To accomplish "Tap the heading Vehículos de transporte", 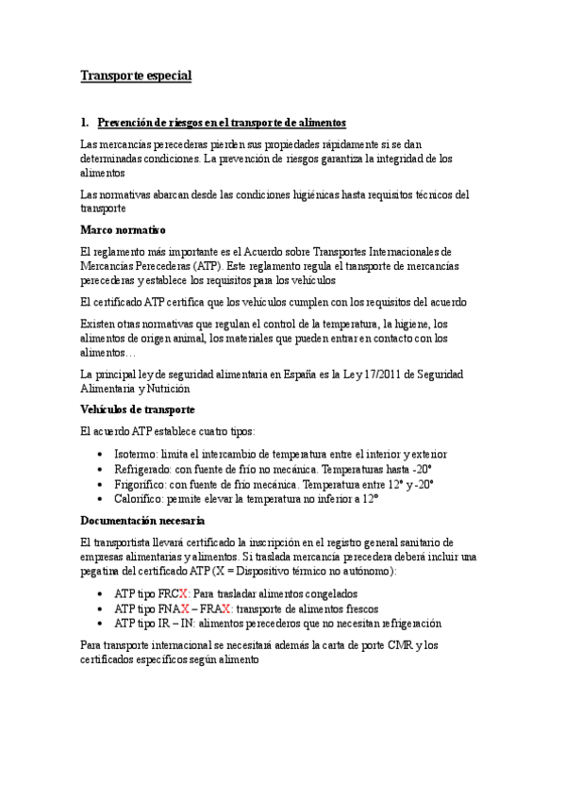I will click(x=138, y=409).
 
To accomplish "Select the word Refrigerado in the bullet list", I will click(x=144, y=468).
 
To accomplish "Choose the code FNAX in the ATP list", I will click(x=176, y=609).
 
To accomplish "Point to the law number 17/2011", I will click(x=397, y=374).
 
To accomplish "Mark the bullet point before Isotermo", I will click(x=102, y=455).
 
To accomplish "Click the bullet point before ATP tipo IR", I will click(x=102, y=625).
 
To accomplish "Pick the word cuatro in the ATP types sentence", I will click(x=217, y=432).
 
